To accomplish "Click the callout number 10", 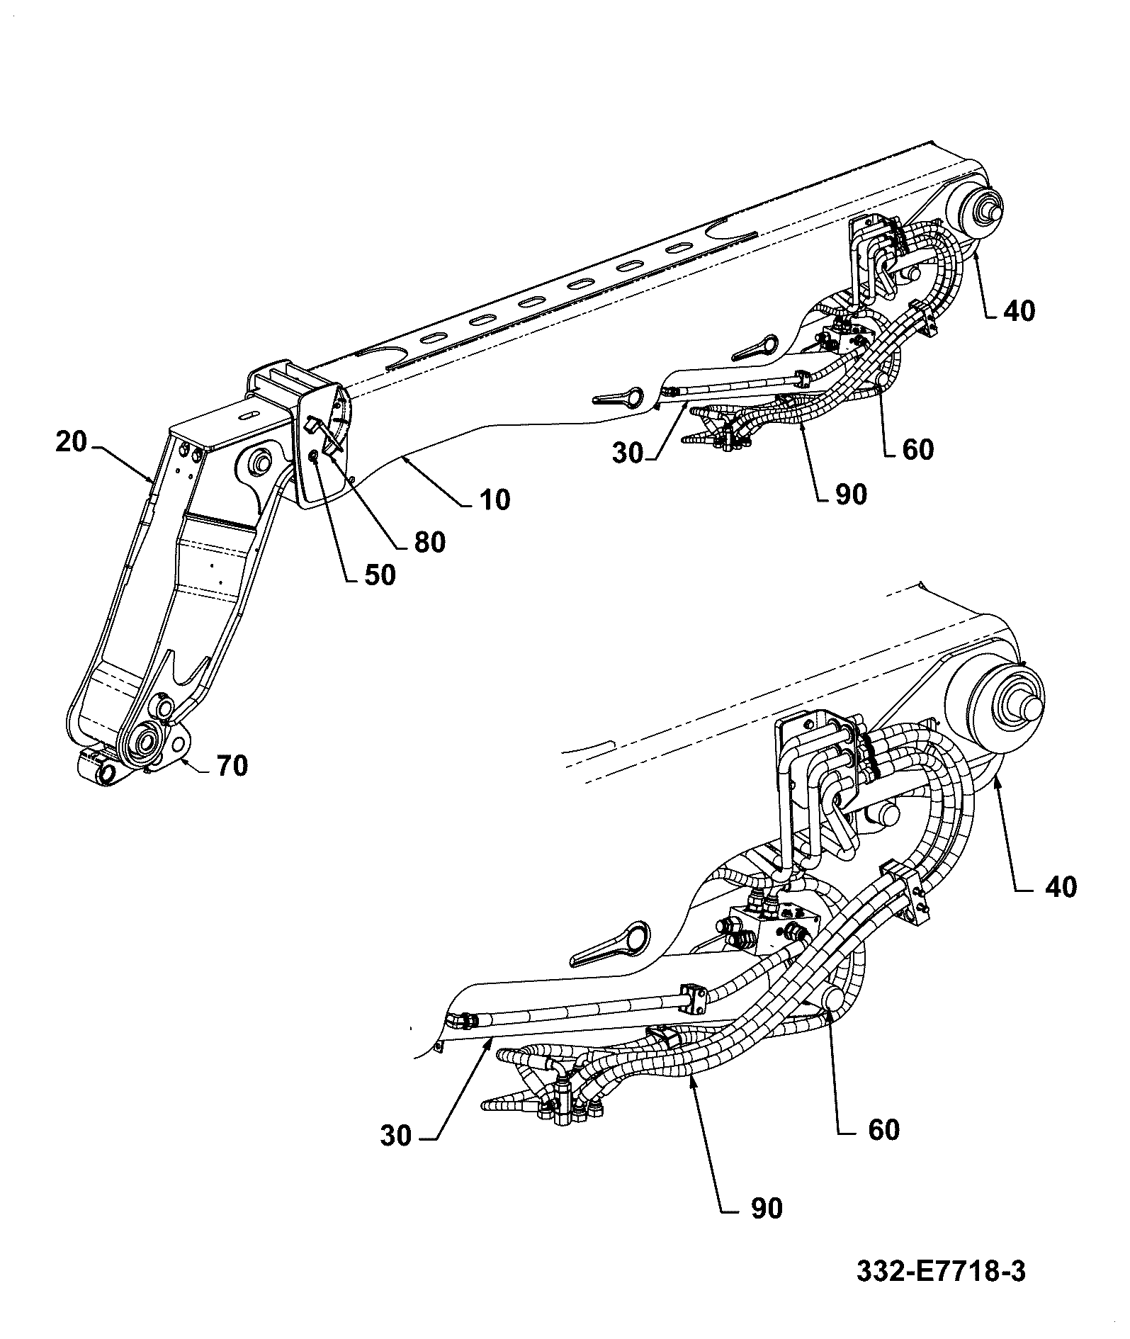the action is tap(495, 499).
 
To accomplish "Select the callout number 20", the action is tap(71, 442).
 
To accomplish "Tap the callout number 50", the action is tap(380, 574).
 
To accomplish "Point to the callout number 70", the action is tap(232, 765).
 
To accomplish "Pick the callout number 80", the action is tap(429, 541).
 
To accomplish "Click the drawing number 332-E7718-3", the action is tap(941, 1270).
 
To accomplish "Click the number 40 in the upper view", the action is tap(1019, 310).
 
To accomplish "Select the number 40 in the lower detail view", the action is tap(1061, 886).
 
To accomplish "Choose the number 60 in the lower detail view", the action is tap(883, 1129).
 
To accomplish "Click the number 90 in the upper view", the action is tap(850, 494).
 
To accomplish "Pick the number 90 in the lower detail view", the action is tap(766, 1208).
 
